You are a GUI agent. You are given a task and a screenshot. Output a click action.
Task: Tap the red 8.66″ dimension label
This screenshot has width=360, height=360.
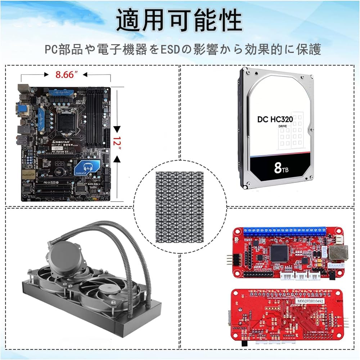coord(67,75)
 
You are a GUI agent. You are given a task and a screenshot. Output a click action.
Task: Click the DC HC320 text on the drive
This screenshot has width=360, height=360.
coord(275,120)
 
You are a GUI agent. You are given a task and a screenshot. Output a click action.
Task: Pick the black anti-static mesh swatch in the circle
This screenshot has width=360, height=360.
coord(179,207)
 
